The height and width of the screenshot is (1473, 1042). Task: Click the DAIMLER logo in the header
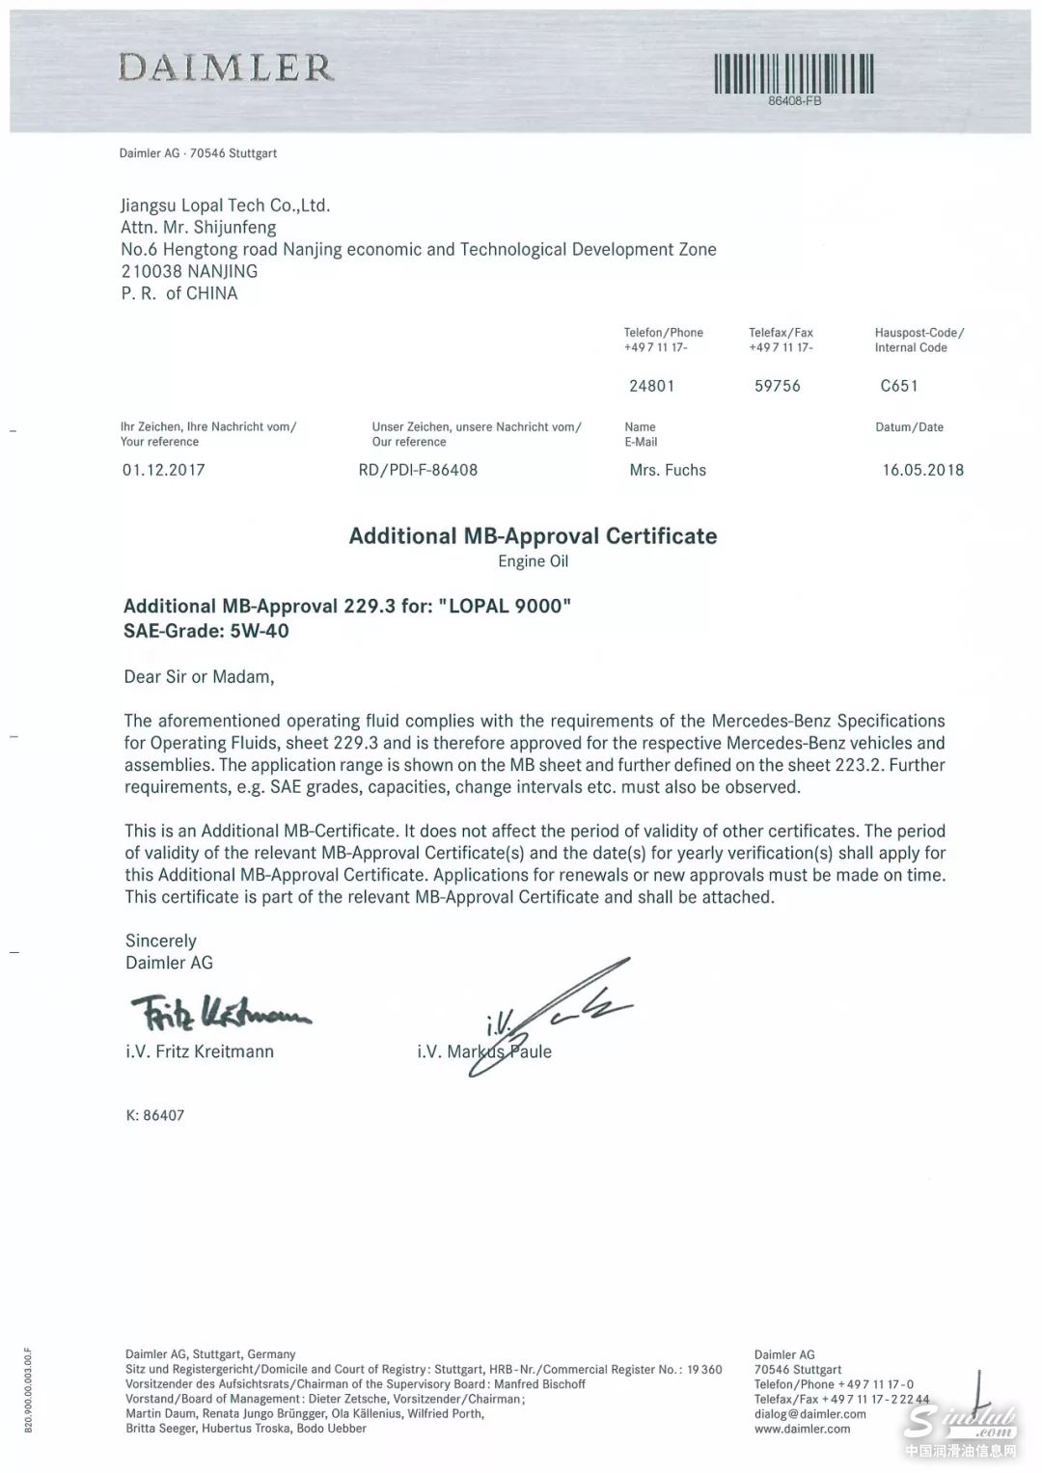226,68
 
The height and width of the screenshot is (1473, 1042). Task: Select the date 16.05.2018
922,470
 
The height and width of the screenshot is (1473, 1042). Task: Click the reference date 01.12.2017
163,470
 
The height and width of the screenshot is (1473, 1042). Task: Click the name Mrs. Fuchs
668,470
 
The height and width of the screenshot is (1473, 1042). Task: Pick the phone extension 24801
651,386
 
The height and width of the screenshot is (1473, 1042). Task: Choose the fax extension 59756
778,386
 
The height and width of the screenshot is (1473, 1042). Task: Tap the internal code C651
899,386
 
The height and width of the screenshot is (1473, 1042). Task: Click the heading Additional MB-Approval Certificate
533,535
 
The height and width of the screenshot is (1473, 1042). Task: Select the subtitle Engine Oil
533,560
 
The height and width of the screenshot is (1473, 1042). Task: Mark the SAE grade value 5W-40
260,631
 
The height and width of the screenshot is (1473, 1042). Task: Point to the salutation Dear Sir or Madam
200,676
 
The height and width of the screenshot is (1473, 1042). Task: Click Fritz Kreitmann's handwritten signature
219,1013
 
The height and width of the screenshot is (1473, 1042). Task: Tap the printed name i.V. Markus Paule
484,1051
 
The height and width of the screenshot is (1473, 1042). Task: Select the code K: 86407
154,1115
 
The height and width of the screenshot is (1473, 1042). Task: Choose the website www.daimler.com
802,1429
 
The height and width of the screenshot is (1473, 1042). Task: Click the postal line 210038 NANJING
189,271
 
